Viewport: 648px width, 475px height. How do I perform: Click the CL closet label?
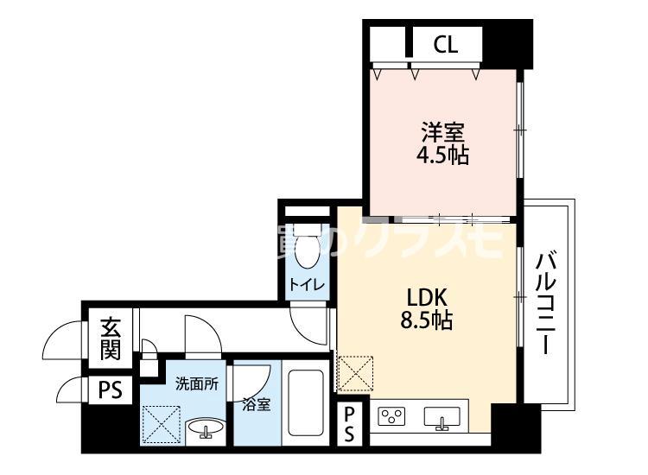pyautogui.click(x=446, y=44)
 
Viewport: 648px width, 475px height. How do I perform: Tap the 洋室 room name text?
pyautogui.click(x=443, y=134)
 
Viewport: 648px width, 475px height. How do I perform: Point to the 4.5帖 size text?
pyautogui.click(x=443, y=156)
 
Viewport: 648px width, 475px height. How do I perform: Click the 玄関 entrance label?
pyautogui.click(x=110, y=339)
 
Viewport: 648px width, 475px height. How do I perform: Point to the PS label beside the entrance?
pyautogui.click(x=110, y=389)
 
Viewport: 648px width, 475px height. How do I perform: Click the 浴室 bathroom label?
pyautogui.click(x=257, y=404)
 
